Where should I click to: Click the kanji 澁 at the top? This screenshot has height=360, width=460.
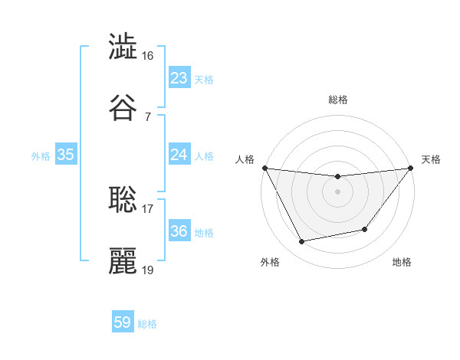coord(123,47)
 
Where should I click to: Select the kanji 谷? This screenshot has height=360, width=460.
coord(123,107)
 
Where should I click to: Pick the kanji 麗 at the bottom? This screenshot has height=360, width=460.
coord(123,260)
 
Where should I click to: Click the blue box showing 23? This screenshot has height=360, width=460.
coord(179,78)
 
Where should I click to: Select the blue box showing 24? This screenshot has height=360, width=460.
coord(179,155)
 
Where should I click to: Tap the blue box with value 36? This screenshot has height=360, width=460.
coord(179,231)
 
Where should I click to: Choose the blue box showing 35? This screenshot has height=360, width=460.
coord(66,155)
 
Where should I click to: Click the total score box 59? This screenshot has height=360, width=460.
coord(123,322)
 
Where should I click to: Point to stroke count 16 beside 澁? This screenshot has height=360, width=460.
coord(148,56)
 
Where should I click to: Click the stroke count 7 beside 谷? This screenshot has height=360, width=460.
coord(148,116)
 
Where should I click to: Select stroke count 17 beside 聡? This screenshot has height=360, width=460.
coord(148,208)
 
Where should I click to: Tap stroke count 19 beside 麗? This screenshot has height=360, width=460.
coord(148,270)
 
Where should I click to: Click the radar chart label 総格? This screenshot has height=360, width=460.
coord(338,100)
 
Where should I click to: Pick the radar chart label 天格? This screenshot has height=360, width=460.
coord(431,159)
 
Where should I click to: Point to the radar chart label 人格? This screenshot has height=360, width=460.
coord(245,159)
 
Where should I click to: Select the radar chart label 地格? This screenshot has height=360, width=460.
coord(402,262)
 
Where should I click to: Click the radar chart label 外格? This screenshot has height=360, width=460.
coord(270,262)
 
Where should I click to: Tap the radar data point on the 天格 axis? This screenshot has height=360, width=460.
coord(411,168)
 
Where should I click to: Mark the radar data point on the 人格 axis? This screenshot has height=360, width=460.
coord(265,168)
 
